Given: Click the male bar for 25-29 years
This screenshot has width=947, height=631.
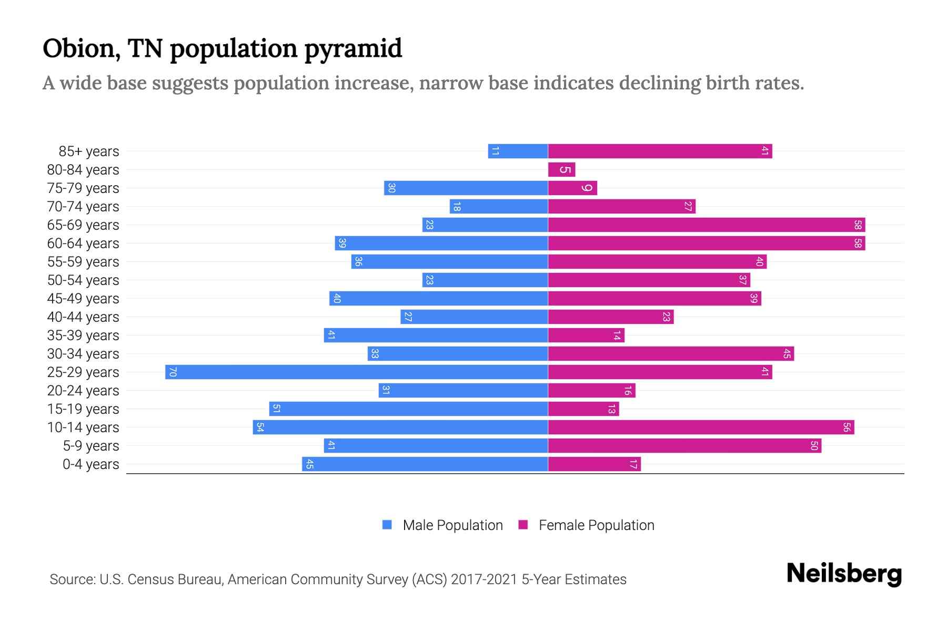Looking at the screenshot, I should coord(357,372).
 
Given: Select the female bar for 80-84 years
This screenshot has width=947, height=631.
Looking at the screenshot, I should coord(561,169).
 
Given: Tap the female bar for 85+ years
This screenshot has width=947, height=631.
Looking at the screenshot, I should coord(660,151).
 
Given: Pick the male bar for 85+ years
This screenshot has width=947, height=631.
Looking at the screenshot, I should coord(518,151).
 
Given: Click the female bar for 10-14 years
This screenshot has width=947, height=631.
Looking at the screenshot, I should coord(701,427).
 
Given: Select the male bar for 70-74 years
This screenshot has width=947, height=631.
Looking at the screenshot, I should coord(499,206).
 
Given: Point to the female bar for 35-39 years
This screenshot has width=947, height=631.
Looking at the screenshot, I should coord(586,335).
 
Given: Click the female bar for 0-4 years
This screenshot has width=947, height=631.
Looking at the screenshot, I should coord(594,464).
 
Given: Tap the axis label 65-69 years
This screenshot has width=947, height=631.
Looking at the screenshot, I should coord(83,225).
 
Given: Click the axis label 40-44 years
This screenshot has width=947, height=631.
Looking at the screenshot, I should coord(83,317).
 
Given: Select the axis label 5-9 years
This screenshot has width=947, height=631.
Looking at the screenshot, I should coord(90,446).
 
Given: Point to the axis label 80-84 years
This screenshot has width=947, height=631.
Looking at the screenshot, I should coord(83,170).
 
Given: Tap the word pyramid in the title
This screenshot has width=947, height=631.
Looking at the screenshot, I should coord(353,49).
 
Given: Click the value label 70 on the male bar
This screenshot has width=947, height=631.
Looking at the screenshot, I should coord(173,372).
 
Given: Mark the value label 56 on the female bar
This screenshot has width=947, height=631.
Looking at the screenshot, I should coord(846,427).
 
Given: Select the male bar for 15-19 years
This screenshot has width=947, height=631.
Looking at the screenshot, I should coord(408,409).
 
